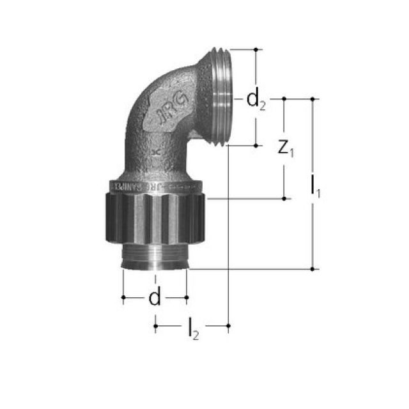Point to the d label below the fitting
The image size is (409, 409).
(154, 297)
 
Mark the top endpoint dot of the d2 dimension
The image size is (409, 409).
(256, 49)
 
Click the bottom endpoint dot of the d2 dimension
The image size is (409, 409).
(256, 146)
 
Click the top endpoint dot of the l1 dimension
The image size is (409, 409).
(313, 99)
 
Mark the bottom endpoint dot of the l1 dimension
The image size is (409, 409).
(313, 269)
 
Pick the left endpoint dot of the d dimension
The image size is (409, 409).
(123, 297)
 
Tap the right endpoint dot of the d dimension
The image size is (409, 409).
(187, 297)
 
